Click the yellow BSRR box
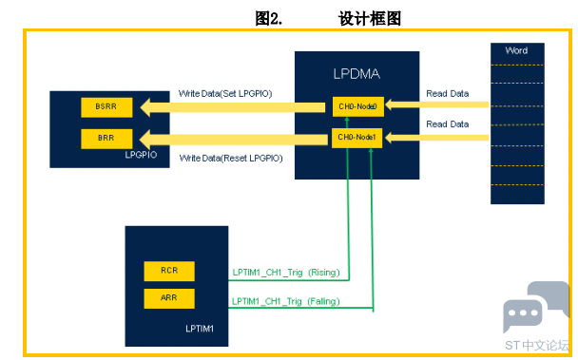pyautogui.click(x=106, y=107)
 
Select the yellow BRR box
pyautogui.click(x=106, y=139)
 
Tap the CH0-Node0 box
pyautogui.click(x=358, y=106)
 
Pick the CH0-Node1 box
pyautogui.click(x=356, y=138)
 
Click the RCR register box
pyautogui.click(x=169, y=271)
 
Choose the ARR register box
pyautogui.click(x=169, y=298)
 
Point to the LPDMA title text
pyautogui.click(x=356, y=74)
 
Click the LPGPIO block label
pyautogui.click(x=141, y=155)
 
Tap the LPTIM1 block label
pyautogui.click(x=200, y=329)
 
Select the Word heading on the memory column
pyautogui.click(x=516, y=50)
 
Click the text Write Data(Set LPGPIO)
pyautogui.click(x=225, y=94)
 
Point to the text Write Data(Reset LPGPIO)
pyautogui.click(x=231, y=158)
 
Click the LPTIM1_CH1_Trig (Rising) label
pyautogui.click(x=286, y=273)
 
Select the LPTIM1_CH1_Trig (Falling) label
pyautogui.click(x=286, y=301)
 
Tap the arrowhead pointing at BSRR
pyautogui.click(x=145, y=107)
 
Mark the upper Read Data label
pyautogui.click(x=448, y=94)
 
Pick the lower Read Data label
pyautogui.click(x=448, y=124)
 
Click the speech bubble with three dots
pyautogui.click(x=522, y=313)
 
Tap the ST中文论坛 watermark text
pyautogui.click(x=537, y=345)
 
